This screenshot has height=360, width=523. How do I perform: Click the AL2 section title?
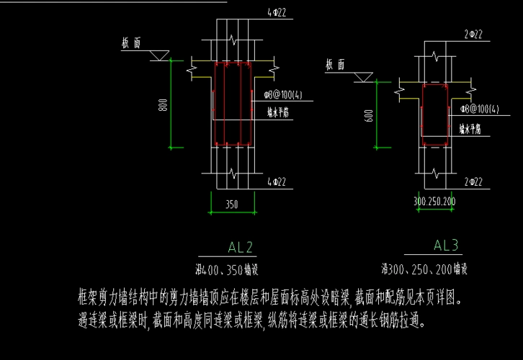click(x=240, y=248)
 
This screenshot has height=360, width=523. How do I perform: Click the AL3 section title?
click(x=446, y=246)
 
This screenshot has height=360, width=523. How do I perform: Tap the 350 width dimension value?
click(x=231, y=204)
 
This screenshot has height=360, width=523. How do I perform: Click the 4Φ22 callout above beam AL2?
click(x=277, y=13)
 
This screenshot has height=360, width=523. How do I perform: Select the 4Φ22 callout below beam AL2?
click(x=277, y=181)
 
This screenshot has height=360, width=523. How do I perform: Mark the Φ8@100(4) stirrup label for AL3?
click(x=480, y=109)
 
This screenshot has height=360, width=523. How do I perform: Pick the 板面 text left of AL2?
click(x=131, y=43)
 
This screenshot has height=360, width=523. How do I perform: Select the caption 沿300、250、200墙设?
click(x=424, y=270)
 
